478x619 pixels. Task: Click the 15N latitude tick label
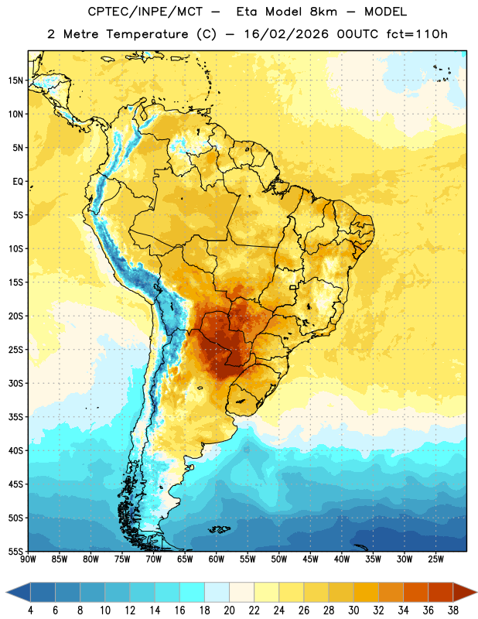point(15,80)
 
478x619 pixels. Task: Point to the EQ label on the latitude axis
point(18,182)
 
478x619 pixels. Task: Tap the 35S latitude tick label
point(15,417)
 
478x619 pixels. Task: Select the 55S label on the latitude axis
point(15,552)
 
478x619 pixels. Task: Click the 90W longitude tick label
point(28,559)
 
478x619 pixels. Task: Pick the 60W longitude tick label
point(217,559)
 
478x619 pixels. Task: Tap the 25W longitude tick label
point(435,559)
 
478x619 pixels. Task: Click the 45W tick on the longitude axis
point(310,559)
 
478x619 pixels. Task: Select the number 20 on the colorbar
point(229,610)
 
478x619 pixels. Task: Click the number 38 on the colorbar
point(453,610)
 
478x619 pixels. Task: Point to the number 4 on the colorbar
point(30,610)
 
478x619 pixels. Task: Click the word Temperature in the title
point(147,34)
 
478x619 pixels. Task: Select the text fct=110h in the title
point(417,34)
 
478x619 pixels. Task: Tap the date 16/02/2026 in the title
point(286,34)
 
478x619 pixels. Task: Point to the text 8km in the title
point(323,12)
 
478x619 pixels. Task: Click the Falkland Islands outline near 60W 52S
point(219,529)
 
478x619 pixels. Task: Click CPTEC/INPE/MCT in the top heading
point(145,12)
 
